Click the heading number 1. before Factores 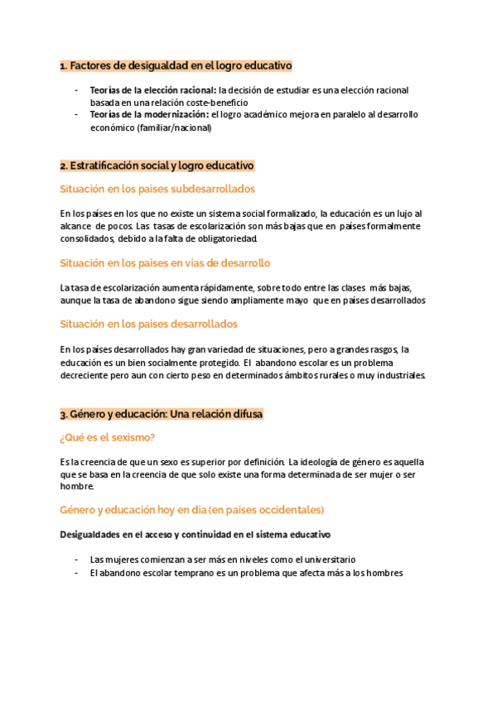point(64,65)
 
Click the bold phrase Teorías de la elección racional point(153,90)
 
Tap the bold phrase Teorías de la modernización point(149,114)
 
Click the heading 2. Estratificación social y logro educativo point(157,166)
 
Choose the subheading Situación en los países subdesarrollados point(157,189)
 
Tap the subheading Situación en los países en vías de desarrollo point(165,263)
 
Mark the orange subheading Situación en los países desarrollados point(149,324)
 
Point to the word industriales point(398,375)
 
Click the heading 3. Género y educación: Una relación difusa point(162,413)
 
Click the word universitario point(322,560)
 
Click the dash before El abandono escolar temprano point(77,572)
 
